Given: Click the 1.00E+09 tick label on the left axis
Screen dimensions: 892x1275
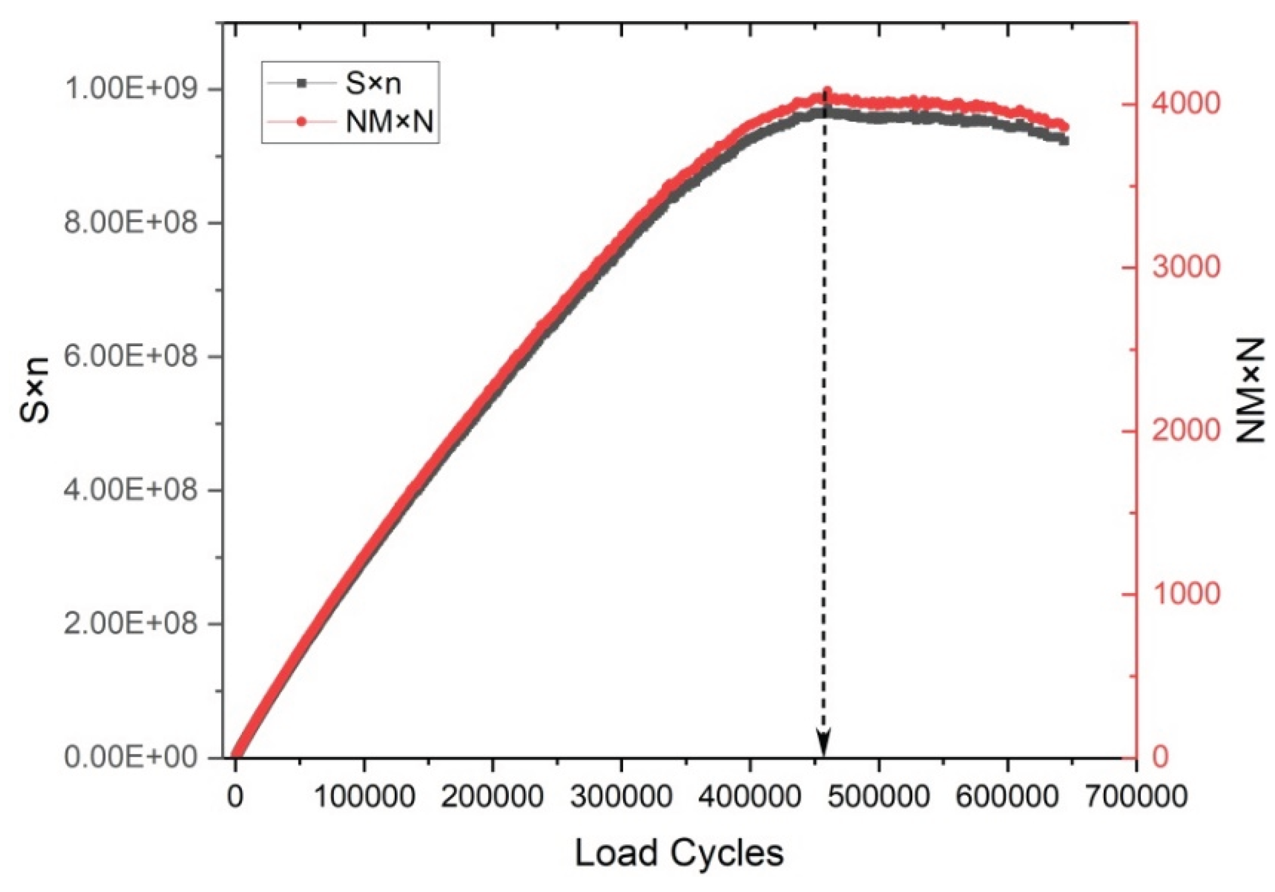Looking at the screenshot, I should (x=131, y=90).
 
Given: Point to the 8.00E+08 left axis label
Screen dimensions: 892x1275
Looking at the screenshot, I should (x=131, y=224).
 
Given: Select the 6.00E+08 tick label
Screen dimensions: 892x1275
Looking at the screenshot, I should (x=131, y=357).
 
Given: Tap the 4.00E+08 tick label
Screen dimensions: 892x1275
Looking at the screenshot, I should (x=131, y=490).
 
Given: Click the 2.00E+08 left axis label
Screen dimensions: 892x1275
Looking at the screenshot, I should (x=131, y=623).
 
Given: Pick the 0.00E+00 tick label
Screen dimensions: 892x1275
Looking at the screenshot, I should (x=131, y=758).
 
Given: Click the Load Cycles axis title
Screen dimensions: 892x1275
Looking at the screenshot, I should (x=679, y=854).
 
